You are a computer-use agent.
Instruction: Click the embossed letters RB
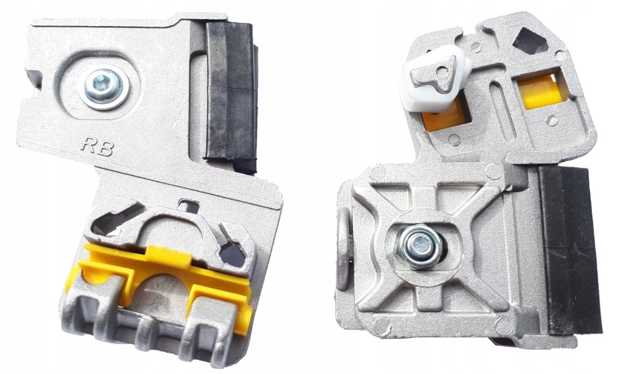(x=97, y=147)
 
